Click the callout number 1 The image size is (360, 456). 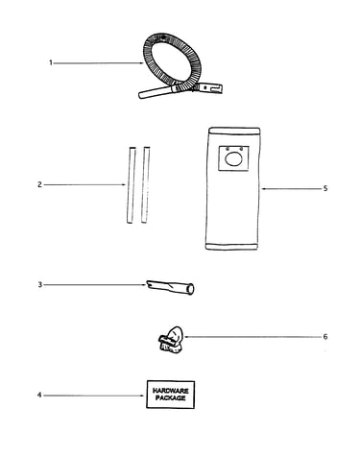(x=50, y=62)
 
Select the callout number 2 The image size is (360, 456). (x=39, y=184)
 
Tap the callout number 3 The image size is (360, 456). (x=40, y=284)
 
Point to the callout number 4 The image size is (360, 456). (x=39, y=396)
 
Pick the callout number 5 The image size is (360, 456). (x=325, y=188)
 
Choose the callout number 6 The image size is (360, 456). (x=325, y=337)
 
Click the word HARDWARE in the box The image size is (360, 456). (x=171, y=391)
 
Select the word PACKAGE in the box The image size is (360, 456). (x=171, y=398)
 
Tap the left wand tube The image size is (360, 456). (x=131, y=185)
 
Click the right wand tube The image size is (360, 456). (x=146, y=185)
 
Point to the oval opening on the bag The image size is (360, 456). (x=233, y=159)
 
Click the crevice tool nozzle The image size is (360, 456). (x=170, y=287)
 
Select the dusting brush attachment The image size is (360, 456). (x=171, y=340)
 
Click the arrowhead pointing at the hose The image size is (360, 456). (x=142, y=63)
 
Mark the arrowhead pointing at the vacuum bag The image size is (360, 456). (x=263, y=189)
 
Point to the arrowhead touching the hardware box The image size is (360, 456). (x=144, y=396)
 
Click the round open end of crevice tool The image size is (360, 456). (x=190, y=289)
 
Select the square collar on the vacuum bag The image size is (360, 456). (x=233, y=158)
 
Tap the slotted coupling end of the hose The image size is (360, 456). (x=210, y=87)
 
